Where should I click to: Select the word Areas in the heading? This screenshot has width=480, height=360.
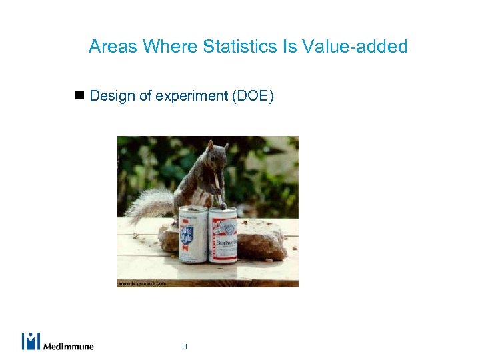pyautogui.click(x=113, y=46)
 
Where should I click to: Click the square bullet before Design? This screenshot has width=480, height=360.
pyautogui.click(x=79, y=95)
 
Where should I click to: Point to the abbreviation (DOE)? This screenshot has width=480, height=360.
pyautogui.click(x=252, y=96)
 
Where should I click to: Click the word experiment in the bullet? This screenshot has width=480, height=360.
pyautogui.click(x=191, y=97)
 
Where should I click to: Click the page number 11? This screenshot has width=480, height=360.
pyautogui.click(x=184, y=347)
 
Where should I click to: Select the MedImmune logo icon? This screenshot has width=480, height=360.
pyautogui.click(x=31, y=341)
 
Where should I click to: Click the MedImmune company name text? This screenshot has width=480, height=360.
pyautogui.click(x=69, y=346)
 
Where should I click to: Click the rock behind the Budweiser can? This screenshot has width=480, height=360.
pyautogui.click(x=261, y=237)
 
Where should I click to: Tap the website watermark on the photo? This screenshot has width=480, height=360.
pyautogui.click(x=142, y=283)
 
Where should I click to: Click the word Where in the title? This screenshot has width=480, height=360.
pyautogui.click(x=169, y=46)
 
